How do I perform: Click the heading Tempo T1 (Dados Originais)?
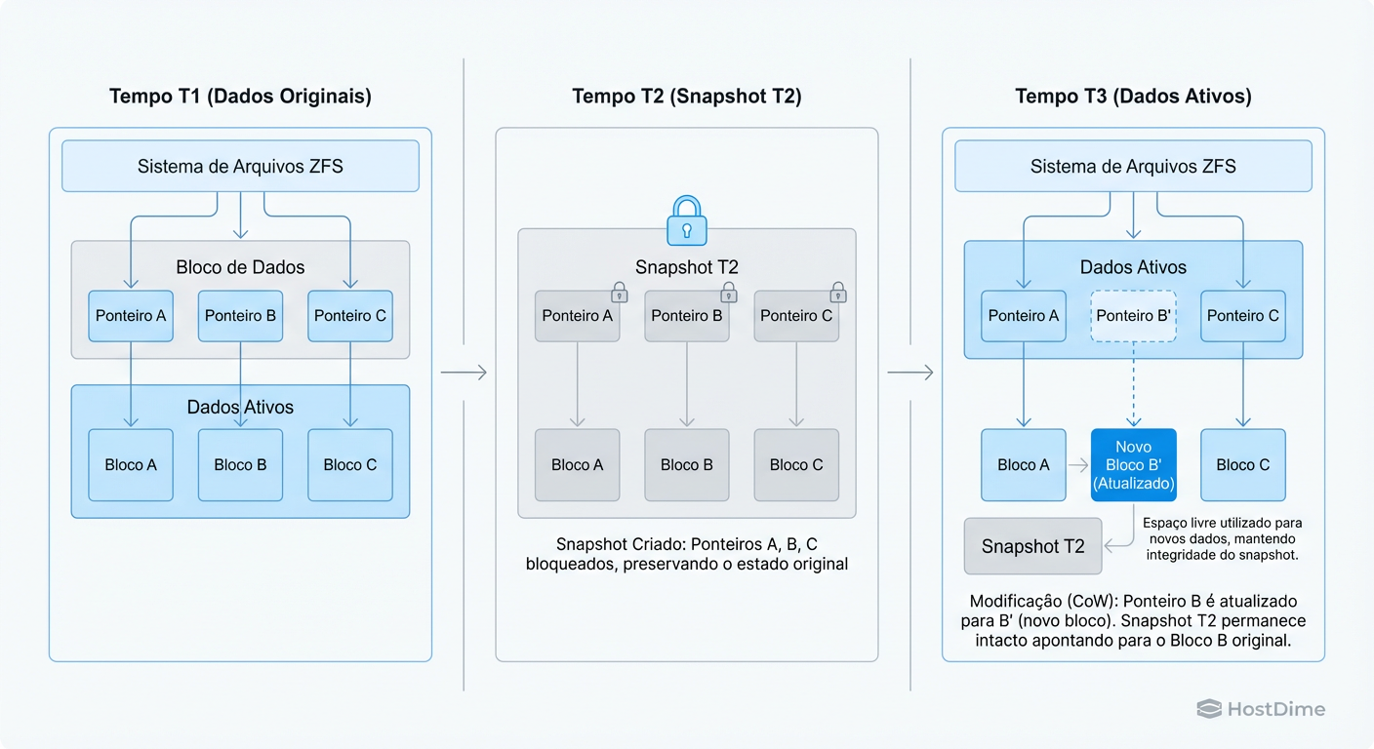point(240,97)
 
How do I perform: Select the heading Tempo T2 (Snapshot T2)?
point(686,97)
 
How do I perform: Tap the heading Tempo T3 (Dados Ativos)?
point(1133,97)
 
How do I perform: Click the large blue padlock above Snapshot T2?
point(686,220)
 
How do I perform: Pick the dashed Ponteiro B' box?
point(1133,316)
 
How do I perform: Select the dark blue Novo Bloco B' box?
point(1133,465)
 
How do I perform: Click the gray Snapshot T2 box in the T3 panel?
point(1032,546)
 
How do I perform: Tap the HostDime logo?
point(1261,710)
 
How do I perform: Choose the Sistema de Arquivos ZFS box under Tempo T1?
point(240,166)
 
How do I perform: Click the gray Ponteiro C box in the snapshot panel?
point(796,316)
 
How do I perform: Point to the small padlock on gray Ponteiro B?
point(728,292)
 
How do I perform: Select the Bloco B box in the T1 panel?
point(240,465)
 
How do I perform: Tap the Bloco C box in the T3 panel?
point(1242,465)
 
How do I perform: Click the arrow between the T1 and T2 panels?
point(464,373)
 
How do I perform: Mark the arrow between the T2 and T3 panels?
point(909,373)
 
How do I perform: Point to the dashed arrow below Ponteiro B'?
point(1133,384)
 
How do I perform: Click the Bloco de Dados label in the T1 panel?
point(240,267)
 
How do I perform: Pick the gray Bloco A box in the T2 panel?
point(577,465)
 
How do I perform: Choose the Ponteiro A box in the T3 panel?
point(1023,316)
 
